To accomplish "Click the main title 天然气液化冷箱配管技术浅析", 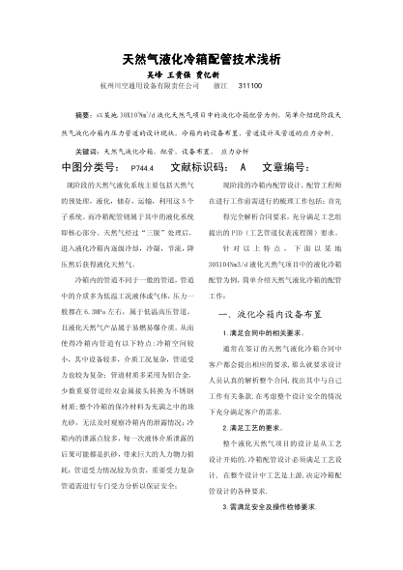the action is (x=201, y=59).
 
